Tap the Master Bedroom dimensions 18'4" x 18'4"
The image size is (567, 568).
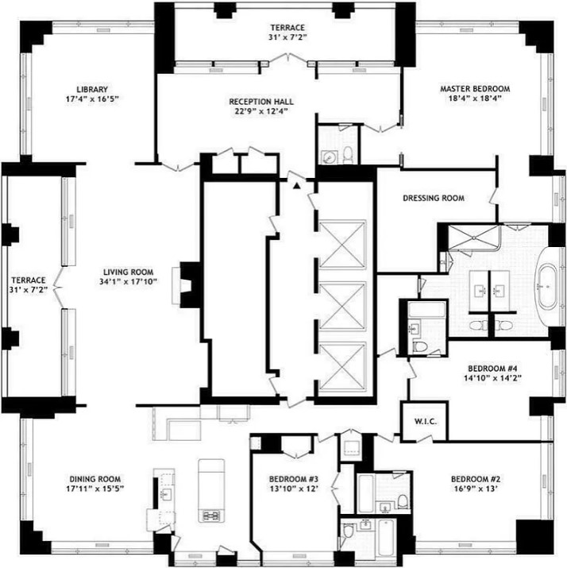tap(475, 100)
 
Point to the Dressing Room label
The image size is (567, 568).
tap(434, 198)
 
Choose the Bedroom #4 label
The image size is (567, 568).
tap(492, 369)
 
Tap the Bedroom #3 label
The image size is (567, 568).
tap(292, 479)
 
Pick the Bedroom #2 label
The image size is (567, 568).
tap(476, 479)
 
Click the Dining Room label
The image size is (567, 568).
tap(94, 479)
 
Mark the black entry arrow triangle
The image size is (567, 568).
tap(297, 185)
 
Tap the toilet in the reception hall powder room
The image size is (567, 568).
tap(348, 155)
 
